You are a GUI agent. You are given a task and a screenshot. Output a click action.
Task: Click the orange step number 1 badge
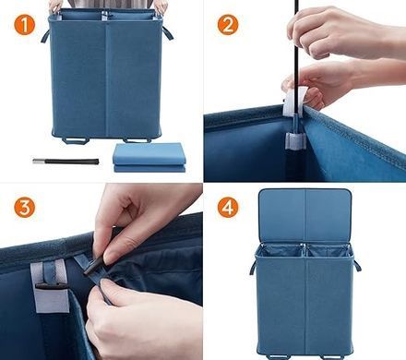pyautogui.click(x=25, y=25)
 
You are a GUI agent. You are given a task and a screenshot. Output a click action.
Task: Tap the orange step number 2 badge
pyautogui.click(x=228, y=25)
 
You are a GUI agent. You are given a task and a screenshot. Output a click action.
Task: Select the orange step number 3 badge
pyautogui.click(x=25, y=208)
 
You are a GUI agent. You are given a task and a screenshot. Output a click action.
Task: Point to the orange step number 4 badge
pyautogui.click(x=228, y=208)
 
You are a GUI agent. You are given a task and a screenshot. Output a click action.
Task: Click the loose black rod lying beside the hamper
pyautogui.click(x=66, y=162)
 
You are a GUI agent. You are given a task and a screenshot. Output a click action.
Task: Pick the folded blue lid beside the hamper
pyautogui.click(x=149, y=158)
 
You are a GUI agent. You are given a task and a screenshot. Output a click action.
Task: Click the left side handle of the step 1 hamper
pyautogui.click(x=45, y=36)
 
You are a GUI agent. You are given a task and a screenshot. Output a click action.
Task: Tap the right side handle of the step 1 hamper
pyautogui.click(x=167, y=33)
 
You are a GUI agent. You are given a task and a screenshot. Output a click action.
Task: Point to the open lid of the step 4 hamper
pyautogui.click(x=304, y=215)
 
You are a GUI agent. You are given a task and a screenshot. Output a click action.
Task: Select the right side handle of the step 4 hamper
pyautogui.click(x=357, y=265)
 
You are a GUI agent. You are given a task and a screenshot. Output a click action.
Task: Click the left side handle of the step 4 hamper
pyautogui.click(x=253, y=268)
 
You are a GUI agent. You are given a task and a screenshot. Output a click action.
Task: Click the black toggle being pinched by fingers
pyautogui.click(x=93, y=266)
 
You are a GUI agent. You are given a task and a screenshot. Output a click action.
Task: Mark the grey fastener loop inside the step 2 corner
pyautogui.click(x=295, y=140)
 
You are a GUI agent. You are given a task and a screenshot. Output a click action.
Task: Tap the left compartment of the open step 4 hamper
pyautogui.click(x=280, y=251)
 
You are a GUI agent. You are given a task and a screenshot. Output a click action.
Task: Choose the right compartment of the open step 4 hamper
pyautogui.click(x=328, y=251)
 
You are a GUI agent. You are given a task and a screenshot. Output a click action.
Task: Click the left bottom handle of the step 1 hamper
pyautogui.click(x=76, y=140)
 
